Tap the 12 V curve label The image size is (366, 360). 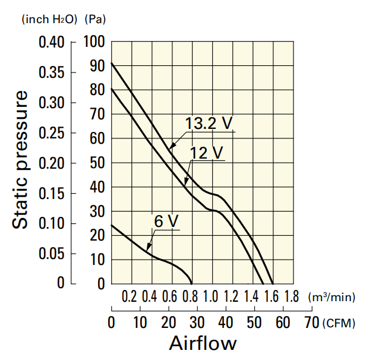point(206,153)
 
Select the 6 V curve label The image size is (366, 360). point(166,221)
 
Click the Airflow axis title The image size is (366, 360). point(203,343)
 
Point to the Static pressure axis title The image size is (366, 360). point(21,160)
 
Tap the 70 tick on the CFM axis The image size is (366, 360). point(311,323)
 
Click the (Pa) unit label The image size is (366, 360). point(95,20)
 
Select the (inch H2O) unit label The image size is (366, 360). point(49,20)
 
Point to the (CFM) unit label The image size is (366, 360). point(339,323)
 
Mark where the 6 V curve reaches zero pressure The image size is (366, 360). point(192,283)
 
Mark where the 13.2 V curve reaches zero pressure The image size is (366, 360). point(273,283)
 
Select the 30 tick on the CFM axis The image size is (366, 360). point(197,323)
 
